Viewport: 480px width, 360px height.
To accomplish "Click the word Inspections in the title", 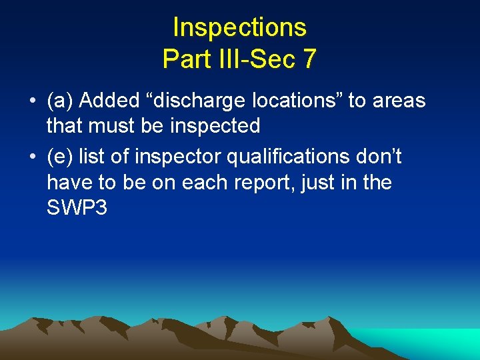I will click(239, 28).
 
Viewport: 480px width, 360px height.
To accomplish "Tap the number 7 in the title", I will click(309, 59).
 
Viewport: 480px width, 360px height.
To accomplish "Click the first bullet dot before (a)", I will click(32, 101).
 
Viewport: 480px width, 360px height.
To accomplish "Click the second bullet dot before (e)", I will click(32, 157).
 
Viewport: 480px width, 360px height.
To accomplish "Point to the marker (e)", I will click(60, 157).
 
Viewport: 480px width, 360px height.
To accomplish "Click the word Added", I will click(106, 101).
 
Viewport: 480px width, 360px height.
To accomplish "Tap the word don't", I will click(379, 157).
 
